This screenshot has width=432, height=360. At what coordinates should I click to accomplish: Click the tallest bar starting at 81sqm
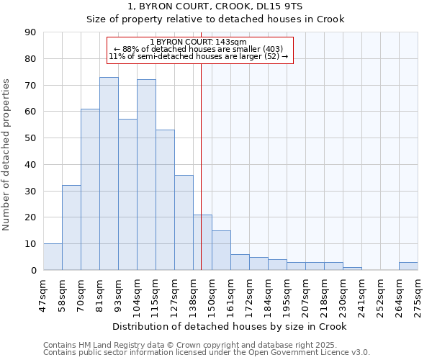[109, 174]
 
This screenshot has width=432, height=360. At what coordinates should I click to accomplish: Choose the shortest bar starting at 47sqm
[53, 257]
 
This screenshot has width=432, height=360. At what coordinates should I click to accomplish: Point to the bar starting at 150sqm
[221, 251]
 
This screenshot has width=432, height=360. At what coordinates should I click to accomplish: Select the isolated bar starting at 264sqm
[408, 266]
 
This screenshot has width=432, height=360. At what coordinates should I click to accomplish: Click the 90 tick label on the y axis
[30, 32]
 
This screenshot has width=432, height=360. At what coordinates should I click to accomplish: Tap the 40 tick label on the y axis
[30, 164]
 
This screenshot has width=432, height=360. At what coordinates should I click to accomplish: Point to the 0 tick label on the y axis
[33, 270]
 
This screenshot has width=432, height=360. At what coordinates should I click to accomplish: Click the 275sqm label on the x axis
[418, 294]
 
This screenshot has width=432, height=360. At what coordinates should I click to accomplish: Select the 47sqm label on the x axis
[43, 294]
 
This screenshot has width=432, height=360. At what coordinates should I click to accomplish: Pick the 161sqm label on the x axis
[230, 294]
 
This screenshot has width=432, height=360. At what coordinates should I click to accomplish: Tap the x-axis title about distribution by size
[230, 326]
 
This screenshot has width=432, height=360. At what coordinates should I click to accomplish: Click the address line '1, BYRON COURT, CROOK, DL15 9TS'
[216, 6]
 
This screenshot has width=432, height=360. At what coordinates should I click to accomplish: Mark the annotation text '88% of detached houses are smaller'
[199, 49]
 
